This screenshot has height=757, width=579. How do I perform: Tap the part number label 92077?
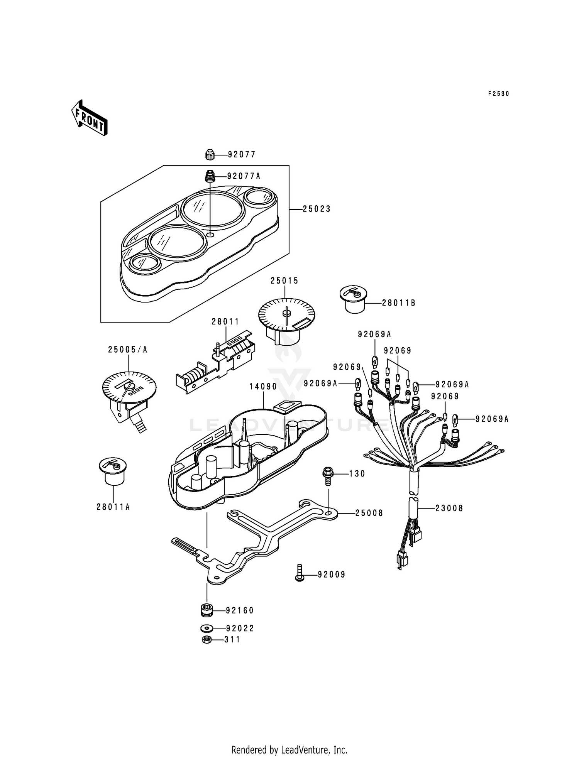tap(242, 155)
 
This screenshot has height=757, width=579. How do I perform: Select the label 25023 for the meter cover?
tap(317, 209)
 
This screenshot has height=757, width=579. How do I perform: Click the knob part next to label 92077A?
tap(210, 177)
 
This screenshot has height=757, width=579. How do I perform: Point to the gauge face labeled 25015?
tap(286, 314)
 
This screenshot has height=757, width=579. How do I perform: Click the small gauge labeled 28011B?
tap(352, 300)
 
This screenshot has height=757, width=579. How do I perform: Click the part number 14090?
tap(263, 386)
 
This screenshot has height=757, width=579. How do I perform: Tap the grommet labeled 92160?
tap(208, 610)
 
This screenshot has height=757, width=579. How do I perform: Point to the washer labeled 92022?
tap(207, 628)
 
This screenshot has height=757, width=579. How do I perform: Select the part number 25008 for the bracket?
tap(369, 513)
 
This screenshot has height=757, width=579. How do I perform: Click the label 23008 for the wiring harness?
tap(449, 509)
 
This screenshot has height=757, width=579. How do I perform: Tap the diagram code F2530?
tap(499, 94)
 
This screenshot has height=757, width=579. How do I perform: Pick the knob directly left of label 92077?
tap(210, 155)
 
